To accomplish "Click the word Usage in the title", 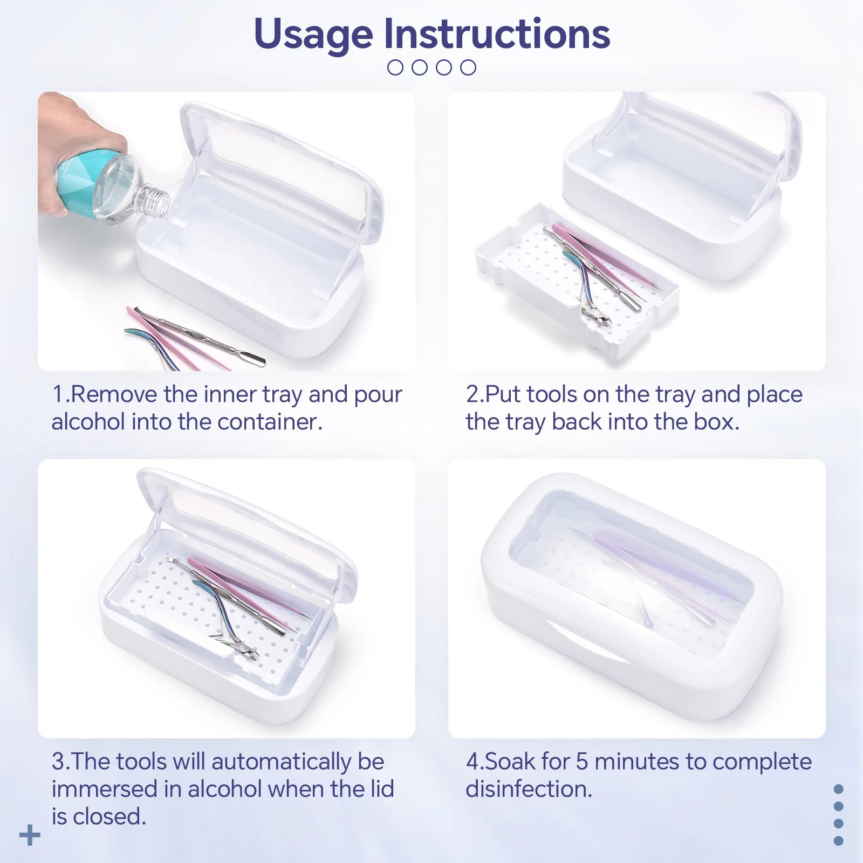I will point(313,35).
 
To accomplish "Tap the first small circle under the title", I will point(395,67).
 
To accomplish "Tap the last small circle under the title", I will point(468,67).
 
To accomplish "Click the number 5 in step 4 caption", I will point(581,762).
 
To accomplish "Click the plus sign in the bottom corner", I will point(30,835).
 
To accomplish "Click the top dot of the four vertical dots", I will point(838,789).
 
